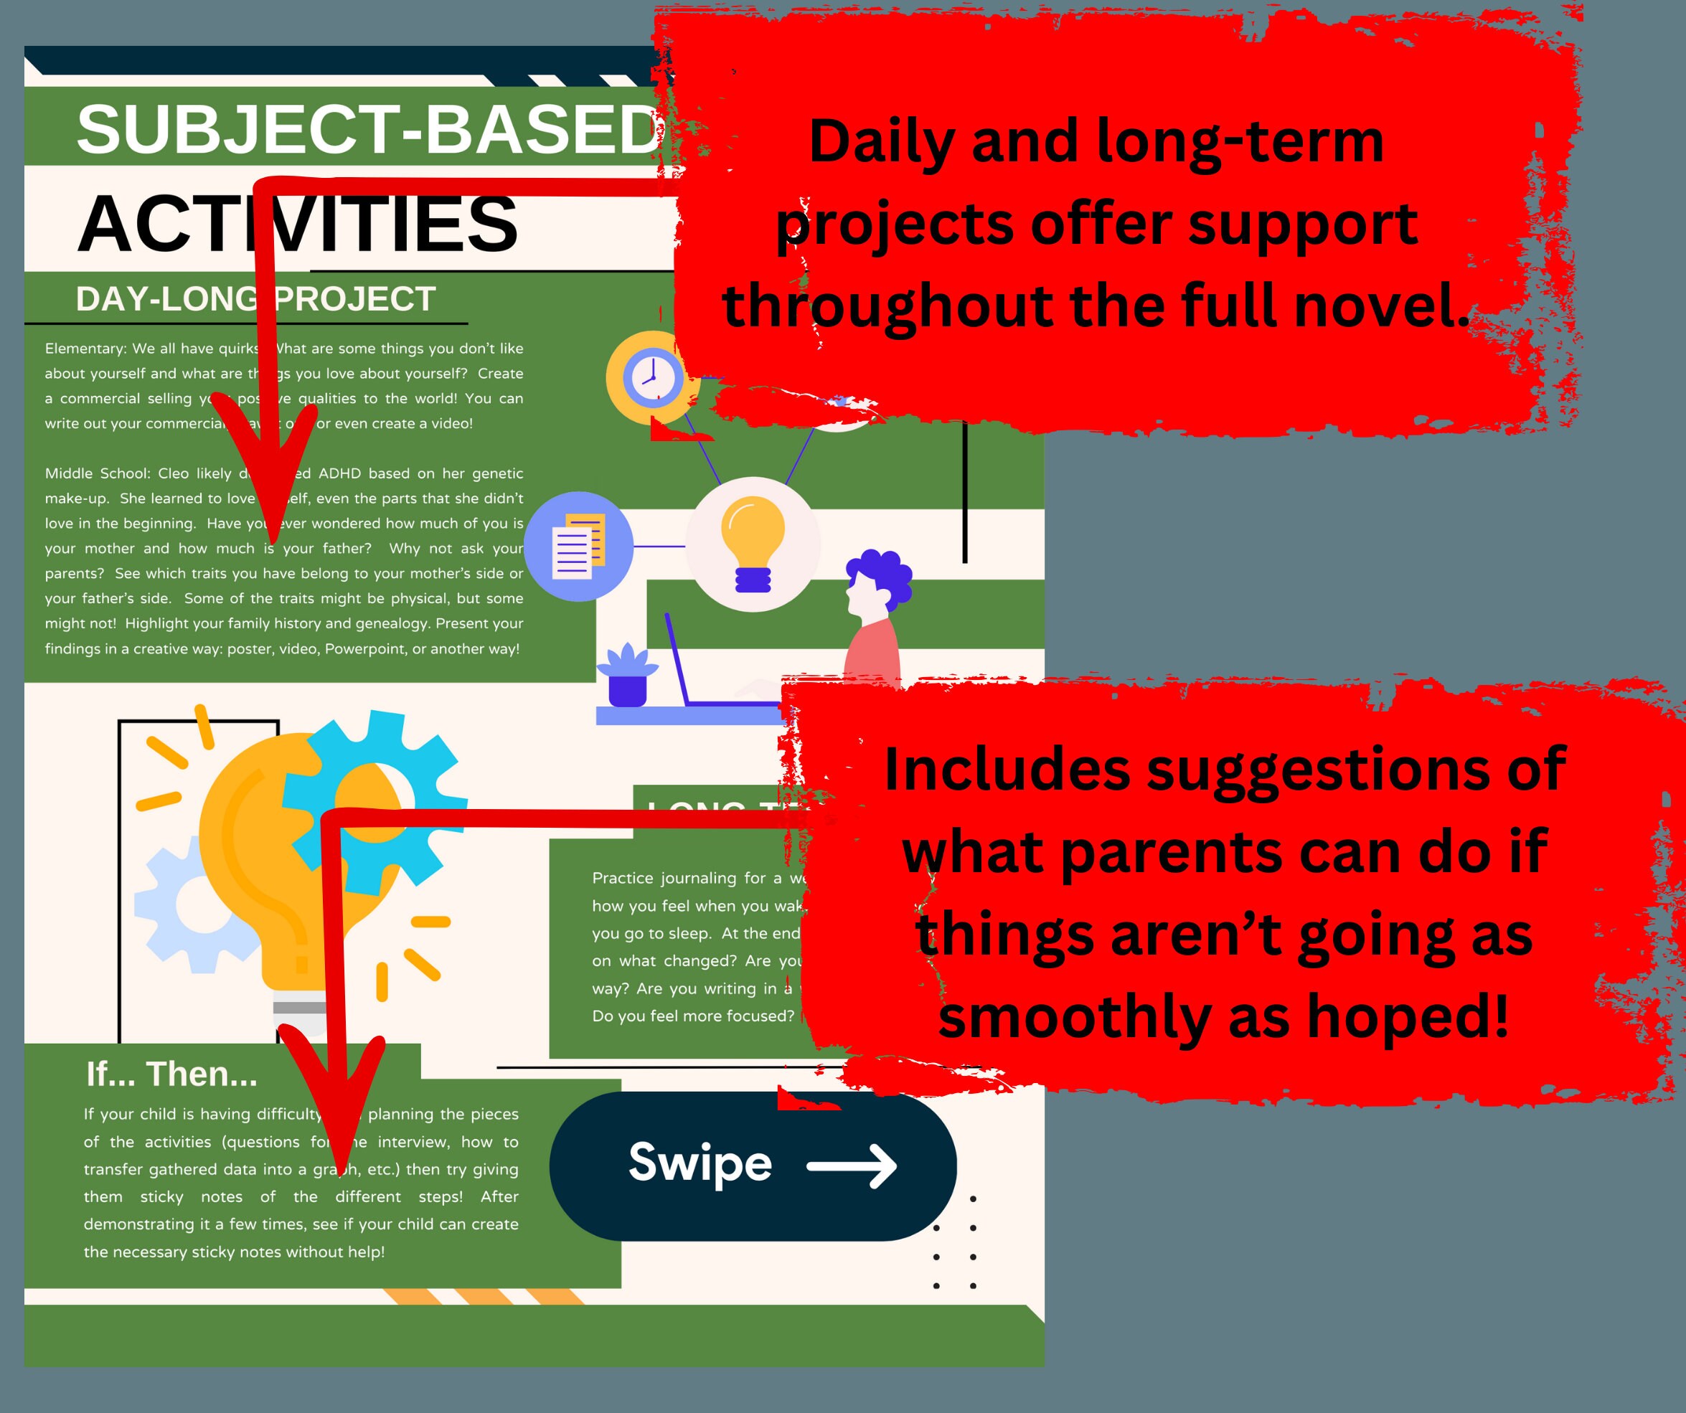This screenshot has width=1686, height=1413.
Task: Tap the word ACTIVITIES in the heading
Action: click(x=297, y=224)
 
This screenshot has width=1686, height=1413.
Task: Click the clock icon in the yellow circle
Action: click(x=652, y=377)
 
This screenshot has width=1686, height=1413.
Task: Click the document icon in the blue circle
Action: click(x=578, y=546)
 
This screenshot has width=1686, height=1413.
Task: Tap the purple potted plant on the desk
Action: click(x=627, y=675)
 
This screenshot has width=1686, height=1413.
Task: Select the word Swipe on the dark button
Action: click(x=700, y=1163)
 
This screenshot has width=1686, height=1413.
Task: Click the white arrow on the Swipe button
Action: click(x=852, y=1166)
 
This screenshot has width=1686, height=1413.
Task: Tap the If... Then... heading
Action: click(x=171, y=1074)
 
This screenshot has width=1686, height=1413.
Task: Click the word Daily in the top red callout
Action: click(x=882, y=142)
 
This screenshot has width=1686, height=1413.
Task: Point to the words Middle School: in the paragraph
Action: click(x=97, y=473)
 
